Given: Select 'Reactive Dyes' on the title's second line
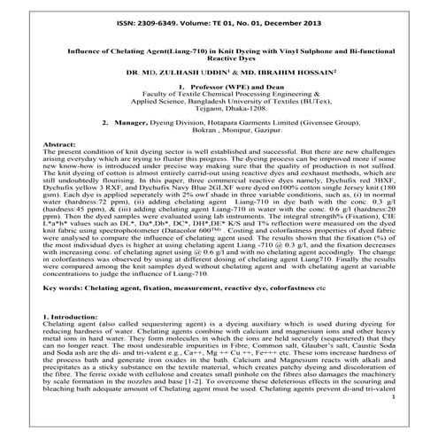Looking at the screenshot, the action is click(x=218, y=64).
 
